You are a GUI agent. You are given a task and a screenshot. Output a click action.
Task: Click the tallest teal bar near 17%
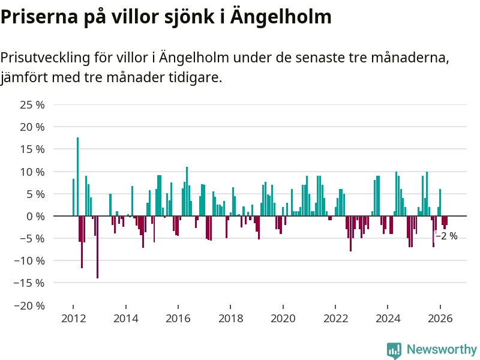point(78,176)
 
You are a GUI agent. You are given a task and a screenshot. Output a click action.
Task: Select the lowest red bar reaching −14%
point(97,247)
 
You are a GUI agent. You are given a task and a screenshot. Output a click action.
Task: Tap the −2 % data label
point(446,236)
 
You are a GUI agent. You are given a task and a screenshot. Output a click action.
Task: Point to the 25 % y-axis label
point(32,104)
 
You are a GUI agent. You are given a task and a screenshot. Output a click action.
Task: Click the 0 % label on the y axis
point(35,217)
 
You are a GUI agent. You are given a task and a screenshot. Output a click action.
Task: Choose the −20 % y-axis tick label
point(29,305)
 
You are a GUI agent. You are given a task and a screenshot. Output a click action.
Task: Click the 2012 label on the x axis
point(73,319)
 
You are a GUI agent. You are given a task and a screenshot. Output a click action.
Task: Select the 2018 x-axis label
point(230,319)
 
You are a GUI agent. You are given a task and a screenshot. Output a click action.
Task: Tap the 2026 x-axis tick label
point(440,319)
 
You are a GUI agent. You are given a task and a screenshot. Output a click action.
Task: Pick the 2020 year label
point(283,319)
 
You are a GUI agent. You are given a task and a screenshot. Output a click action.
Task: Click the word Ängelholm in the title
point(281,17)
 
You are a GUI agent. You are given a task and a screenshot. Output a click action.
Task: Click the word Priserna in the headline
point(39,17)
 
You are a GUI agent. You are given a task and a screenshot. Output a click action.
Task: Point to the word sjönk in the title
point(189,17)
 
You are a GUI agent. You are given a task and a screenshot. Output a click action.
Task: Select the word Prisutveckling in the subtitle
point(45,58)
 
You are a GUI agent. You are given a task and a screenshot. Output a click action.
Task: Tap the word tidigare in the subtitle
point(196,77)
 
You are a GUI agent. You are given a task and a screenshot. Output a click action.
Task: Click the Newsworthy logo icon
point(394,350)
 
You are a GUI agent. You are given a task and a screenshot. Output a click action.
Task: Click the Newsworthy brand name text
point(442,349)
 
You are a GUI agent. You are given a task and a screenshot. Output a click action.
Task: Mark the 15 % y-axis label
point(32,149)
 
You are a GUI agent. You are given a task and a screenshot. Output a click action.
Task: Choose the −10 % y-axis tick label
point(29,261)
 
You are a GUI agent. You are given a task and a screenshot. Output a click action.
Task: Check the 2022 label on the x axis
point(336,319)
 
